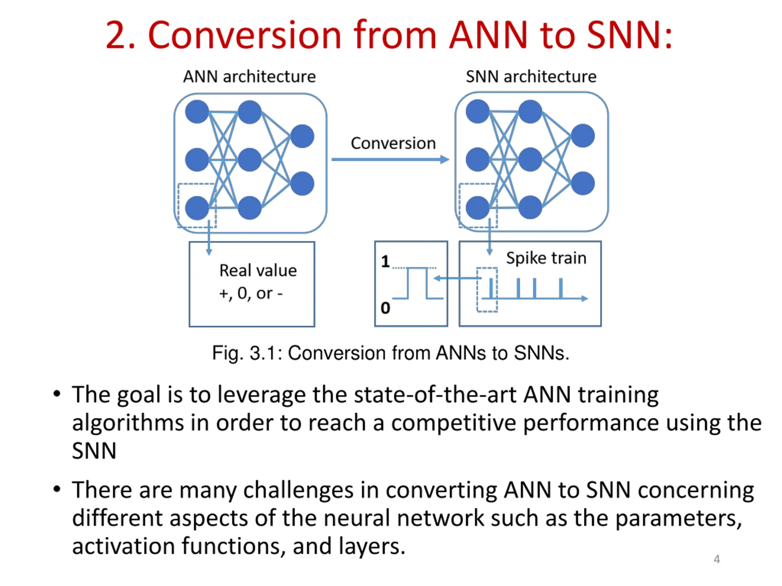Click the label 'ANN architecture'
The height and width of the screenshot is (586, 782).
point(249,77)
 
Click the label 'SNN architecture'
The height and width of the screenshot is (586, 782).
point(531,77)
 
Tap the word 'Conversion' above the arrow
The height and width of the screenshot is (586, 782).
point(393,143)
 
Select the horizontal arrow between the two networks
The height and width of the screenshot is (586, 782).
point(390,160)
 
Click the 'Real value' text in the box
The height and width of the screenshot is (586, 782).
point(258,271)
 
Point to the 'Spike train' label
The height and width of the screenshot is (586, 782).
point(546,258)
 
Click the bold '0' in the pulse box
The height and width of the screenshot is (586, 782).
point(385,308)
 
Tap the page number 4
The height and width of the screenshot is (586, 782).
point(717,559)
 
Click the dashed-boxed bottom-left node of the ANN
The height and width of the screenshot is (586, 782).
point(197,208)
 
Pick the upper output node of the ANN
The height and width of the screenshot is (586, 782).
point(302,136)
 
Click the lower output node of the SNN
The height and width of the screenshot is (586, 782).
point(583,183)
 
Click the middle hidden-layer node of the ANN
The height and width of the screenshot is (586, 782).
point(250,160)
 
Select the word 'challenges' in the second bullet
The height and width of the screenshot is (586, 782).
point(298,490)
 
